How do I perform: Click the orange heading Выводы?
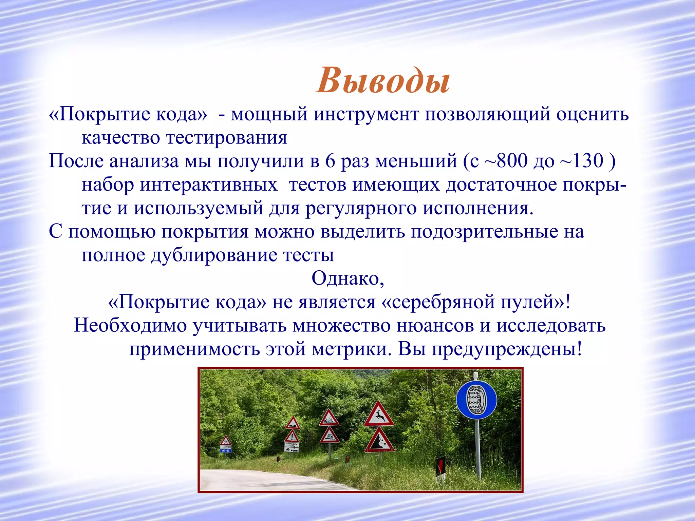[x=383, y=81]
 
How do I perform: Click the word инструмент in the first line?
[x=366, y=114]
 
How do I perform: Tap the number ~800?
[x=506, y=161]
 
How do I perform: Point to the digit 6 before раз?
[x=330, y=161]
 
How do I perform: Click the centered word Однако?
[x=347, y=278]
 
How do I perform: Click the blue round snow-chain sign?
[x=476, y=400]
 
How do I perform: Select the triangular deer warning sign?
[x=379, y=416]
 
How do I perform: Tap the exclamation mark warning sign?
[x=292, y=436]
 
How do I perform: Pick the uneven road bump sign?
[x=292, y=424]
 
